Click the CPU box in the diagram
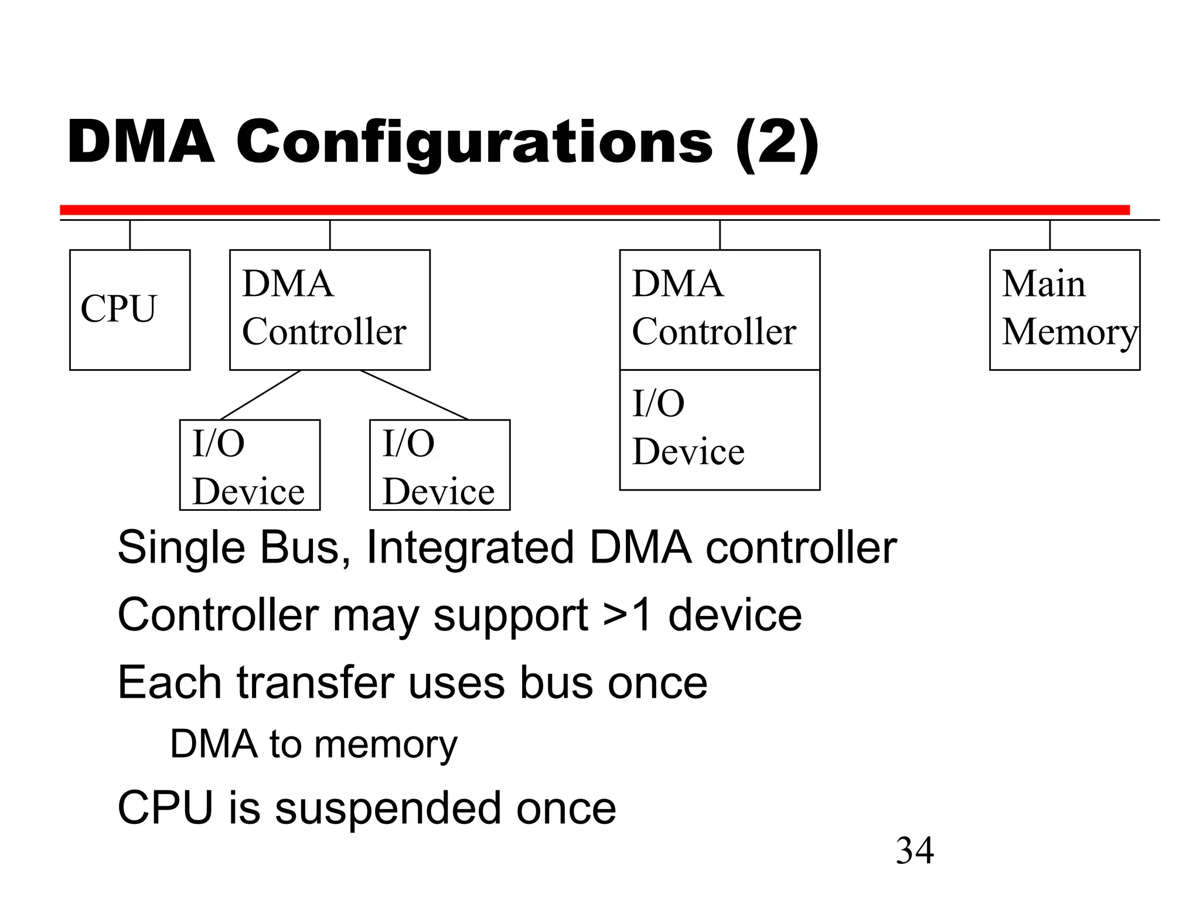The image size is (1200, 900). tap(129, 309)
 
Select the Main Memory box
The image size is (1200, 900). tap(1064, 309)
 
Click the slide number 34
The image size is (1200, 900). tap(914, 850)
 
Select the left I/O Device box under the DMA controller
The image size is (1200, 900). tap(250, 465)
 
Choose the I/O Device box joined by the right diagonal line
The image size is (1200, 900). tap(439, 465)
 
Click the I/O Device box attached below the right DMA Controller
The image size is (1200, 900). tap(720, 429)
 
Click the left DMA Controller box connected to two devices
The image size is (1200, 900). tap(329, 309)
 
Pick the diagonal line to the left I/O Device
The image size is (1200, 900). tap(261, 395)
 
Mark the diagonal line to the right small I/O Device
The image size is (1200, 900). tap(414, 395)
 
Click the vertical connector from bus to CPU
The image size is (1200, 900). tap(130, 235)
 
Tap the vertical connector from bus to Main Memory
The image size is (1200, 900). tap(1049, 235)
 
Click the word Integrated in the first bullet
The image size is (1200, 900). tap(469, 548)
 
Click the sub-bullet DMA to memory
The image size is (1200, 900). tap(313, 744)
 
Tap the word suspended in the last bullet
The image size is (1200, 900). tap(386, 809)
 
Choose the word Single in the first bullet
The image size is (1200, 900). tap(181, 548)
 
